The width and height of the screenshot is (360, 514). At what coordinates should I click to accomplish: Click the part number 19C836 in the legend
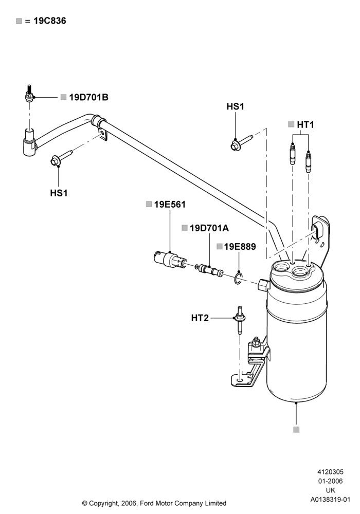click(50, 21)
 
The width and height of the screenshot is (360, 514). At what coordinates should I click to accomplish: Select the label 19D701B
click(88, 97)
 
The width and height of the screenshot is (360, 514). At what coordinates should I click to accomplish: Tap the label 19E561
click(170, 204)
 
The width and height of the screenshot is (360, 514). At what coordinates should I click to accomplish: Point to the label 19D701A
click(209, 228)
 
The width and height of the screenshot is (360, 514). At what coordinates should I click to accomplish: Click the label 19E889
click(240, 247)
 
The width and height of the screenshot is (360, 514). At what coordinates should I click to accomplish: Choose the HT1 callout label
click(305, 124)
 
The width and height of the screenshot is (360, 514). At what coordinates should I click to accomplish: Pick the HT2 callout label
click(200, 318)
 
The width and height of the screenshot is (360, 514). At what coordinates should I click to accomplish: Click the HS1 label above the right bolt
click(236, 106)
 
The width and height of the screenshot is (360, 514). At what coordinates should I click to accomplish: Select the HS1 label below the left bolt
click(59, 193)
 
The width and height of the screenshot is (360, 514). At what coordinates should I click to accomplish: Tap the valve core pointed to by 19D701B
click(29, 94)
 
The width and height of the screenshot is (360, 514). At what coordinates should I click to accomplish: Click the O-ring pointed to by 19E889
click(238, 278)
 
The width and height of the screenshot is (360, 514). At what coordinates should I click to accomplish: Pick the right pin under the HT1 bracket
click(308, 161)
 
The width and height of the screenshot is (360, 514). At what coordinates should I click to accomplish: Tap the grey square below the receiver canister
click(296, 429)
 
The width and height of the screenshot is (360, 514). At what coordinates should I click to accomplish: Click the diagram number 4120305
click(331, 472)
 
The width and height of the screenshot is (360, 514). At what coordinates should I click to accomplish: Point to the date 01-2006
click(331, 481)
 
